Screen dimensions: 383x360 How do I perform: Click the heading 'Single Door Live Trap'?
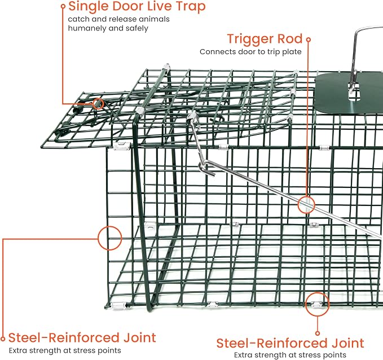coord(137,7)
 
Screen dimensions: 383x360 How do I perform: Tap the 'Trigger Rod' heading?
coord(265,39)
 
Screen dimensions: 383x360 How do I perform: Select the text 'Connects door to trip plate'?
coord(250,52)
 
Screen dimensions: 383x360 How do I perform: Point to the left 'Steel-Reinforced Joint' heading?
coord(82,338)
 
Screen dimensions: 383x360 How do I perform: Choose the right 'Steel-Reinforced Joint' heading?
coord(290,343)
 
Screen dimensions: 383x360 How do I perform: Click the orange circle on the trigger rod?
coord(306,204)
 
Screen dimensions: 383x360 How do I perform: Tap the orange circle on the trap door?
coord(98,104)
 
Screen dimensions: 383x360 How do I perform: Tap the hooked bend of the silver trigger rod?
coord(208,169)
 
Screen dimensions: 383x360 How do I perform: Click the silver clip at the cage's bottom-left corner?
coord(118,306)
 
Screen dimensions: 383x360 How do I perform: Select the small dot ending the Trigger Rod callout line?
coord(309,39)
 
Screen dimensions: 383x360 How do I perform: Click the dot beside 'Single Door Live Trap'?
coord(63,7)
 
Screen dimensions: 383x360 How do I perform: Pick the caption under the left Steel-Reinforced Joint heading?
coord(65,350)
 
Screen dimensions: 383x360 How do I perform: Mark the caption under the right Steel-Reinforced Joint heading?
coord(290,355)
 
